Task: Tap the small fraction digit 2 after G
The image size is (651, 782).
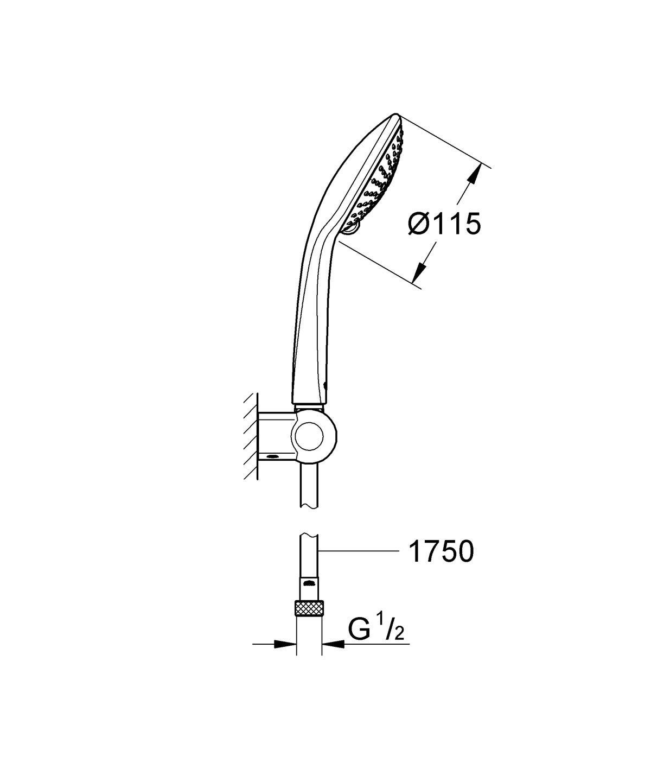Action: click(399, 635)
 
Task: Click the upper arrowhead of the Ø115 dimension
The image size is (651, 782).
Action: click(475, 175)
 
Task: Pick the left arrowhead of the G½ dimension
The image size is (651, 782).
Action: click(285, 645)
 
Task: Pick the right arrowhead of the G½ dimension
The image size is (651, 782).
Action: click(333, 645)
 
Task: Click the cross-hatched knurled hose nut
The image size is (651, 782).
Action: click(309, 608)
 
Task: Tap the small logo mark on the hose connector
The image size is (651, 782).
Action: click(309, 584)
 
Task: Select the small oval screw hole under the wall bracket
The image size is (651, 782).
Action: click(273, 457)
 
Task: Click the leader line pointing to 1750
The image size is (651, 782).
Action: click(358, 551)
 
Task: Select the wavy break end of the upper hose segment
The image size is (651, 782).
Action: click(309, 506)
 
